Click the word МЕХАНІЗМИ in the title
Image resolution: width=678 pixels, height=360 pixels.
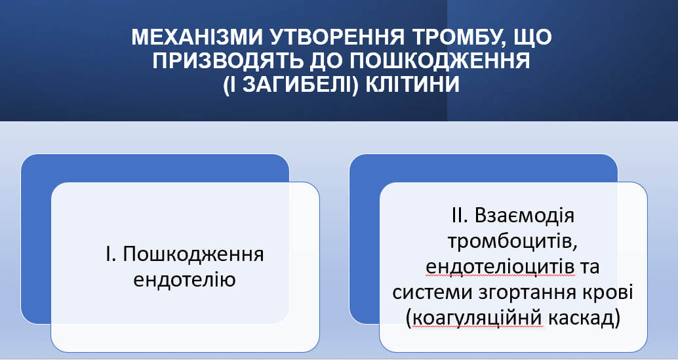[197, 37]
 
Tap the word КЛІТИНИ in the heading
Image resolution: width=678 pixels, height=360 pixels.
[412, 85]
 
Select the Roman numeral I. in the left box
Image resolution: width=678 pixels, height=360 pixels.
[110, 254]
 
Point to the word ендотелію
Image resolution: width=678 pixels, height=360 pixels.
[184, 280]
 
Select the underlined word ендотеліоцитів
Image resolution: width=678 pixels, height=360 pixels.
[500, 268]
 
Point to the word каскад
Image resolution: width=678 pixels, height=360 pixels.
[582, 319]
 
